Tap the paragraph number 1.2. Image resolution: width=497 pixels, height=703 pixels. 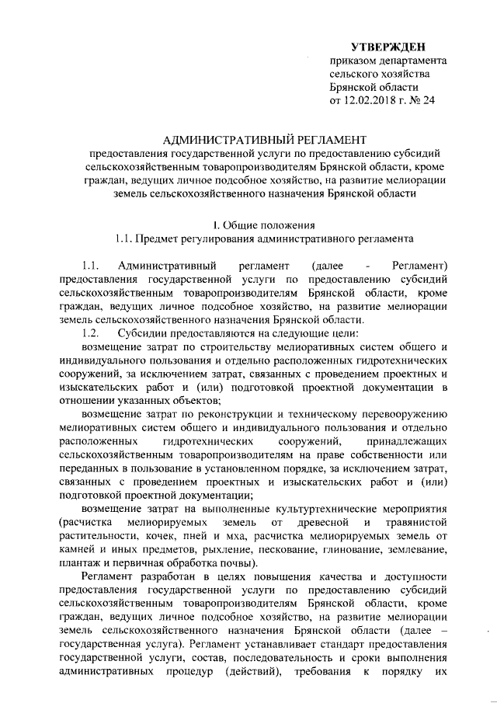pos(93,332)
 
